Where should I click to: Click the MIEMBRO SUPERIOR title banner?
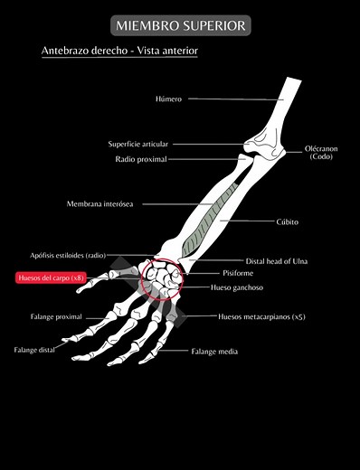click(180, 25)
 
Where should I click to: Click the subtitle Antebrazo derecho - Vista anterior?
click(119, 52)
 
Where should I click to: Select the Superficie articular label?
click(138, 144)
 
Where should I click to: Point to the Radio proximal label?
click(141, 159)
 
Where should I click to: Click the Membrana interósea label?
click(99, 204)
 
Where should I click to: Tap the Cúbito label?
click(287, 221)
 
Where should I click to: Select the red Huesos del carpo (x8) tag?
click(51, 278)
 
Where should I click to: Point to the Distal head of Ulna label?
click(276, 261)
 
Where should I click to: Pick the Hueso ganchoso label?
click(237, 287)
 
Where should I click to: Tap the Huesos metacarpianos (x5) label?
click(261, 317)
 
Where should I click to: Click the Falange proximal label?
click(56, 317)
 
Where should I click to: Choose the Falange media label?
click(213, 351)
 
